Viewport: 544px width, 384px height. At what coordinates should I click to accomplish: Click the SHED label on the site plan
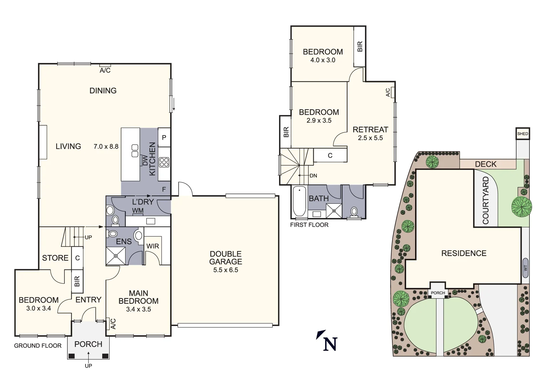point(523,134)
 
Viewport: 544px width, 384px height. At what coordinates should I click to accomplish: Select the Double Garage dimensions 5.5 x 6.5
point(226,270)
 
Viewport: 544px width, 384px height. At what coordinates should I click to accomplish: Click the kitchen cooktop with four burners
point(164,162)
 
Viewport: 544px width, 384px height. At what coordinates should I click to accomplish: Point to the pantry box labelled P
point(164,137)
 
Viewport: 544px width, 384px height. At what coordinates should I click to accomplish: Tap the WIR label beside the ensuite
point(153,246)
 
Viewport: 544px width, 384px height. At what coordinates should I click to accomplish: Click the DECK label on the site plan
point(486,164)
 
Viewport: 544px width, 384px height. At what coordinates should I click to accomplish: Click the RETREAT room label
point(370,129)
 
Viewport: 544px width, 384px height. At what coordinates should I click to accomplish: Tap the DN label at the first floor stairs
point(313,176)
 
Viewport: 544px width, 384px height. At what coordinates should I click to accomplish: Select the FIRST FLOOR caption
point(309,225)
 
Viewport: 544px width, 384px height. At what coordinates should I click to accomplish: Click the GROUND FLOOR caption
point(38,346)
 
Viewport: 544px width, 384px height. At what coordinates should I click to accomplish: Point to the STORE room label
point(55,258)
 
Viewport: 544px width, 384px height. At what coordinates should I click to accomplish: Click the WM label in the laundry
point(138,210)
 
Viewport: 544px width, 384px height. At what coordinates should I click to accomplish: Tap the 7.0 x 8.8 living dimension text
point(106,146)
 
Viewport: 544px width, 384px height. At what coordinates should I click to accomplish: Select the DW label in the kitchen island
point(145,161)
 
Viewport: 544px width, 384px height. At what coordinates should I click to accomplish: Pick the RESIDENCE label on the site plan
point(464,253)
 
